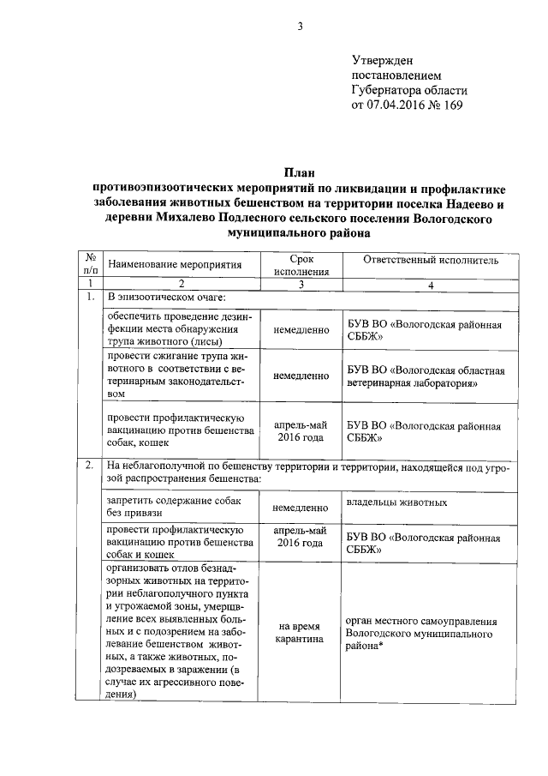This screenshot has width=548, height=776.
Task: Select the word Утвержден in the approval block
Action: [x=383, y=60]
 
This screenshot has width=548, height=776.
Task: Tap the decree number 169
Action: [x=449, y=106]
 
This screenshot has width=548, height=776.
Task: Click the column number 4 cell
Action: [x=431, y=283]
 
